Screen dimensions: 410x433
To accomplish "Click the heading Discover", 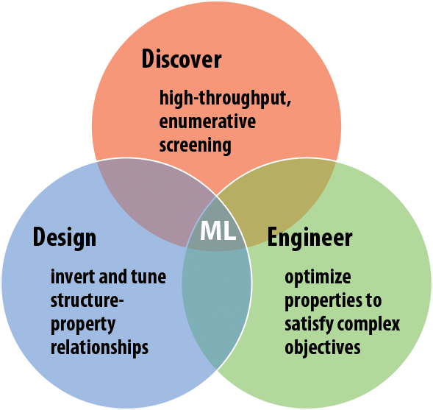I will click(x=181, y=59).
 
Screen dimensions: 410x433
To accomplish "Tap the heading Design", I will click(x=64, y=238).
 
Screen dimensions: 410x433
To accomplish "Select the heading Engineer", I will click(x=309, y=238).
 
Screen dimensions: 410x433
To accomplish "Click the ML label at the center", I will click(x=218, y=230).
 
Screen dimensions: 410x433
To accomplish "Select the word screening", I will click(x=195, y=145).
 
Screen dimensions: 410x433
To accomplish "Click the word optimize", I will click(x=318, y=278).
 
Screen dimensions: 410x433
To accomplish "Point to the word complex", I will click(x=373, y=324).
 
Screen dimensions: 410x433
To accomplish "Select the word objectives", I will click(x=322, y=347).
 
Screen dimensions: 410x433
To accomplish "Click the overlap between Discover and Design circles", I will click(x=151, y=202).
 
